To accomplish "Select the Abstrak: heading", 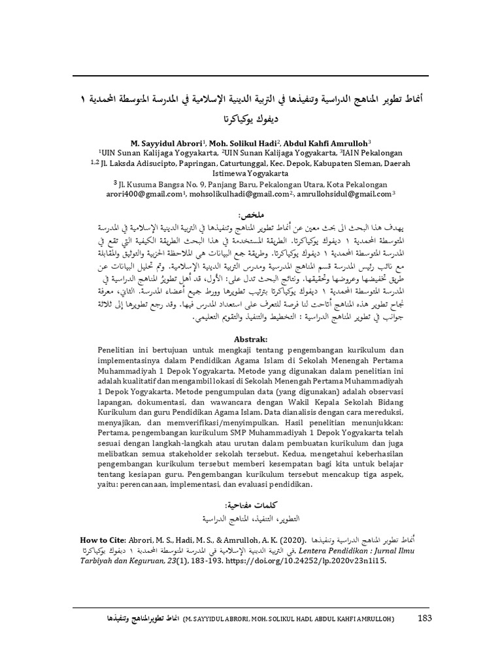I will [x=252, y=339].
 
